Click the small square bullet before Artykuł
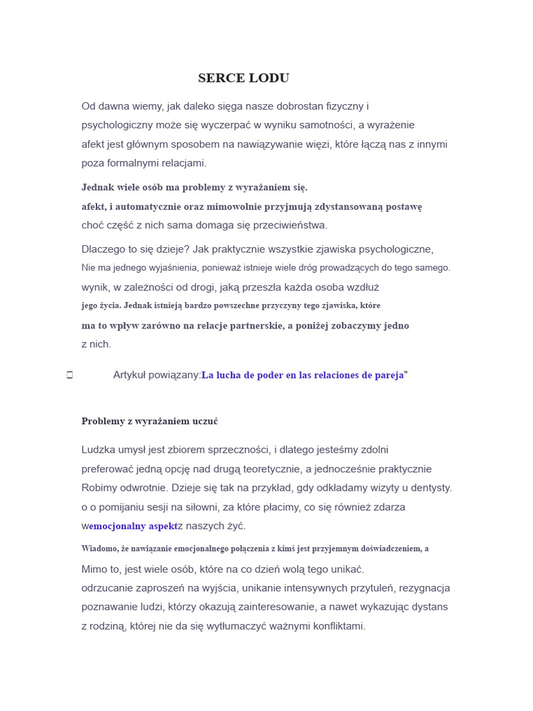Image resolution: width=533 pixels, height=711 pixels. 69,376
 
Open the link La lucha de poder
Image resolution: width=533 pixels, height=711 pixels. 303,376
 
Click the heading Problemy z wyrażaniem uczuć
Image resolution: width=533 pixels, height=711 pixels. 149,421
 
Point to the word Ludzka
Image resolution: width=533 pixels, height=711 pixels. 98,450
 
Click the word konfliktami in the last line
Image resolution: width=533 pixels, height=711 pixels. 338,626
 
